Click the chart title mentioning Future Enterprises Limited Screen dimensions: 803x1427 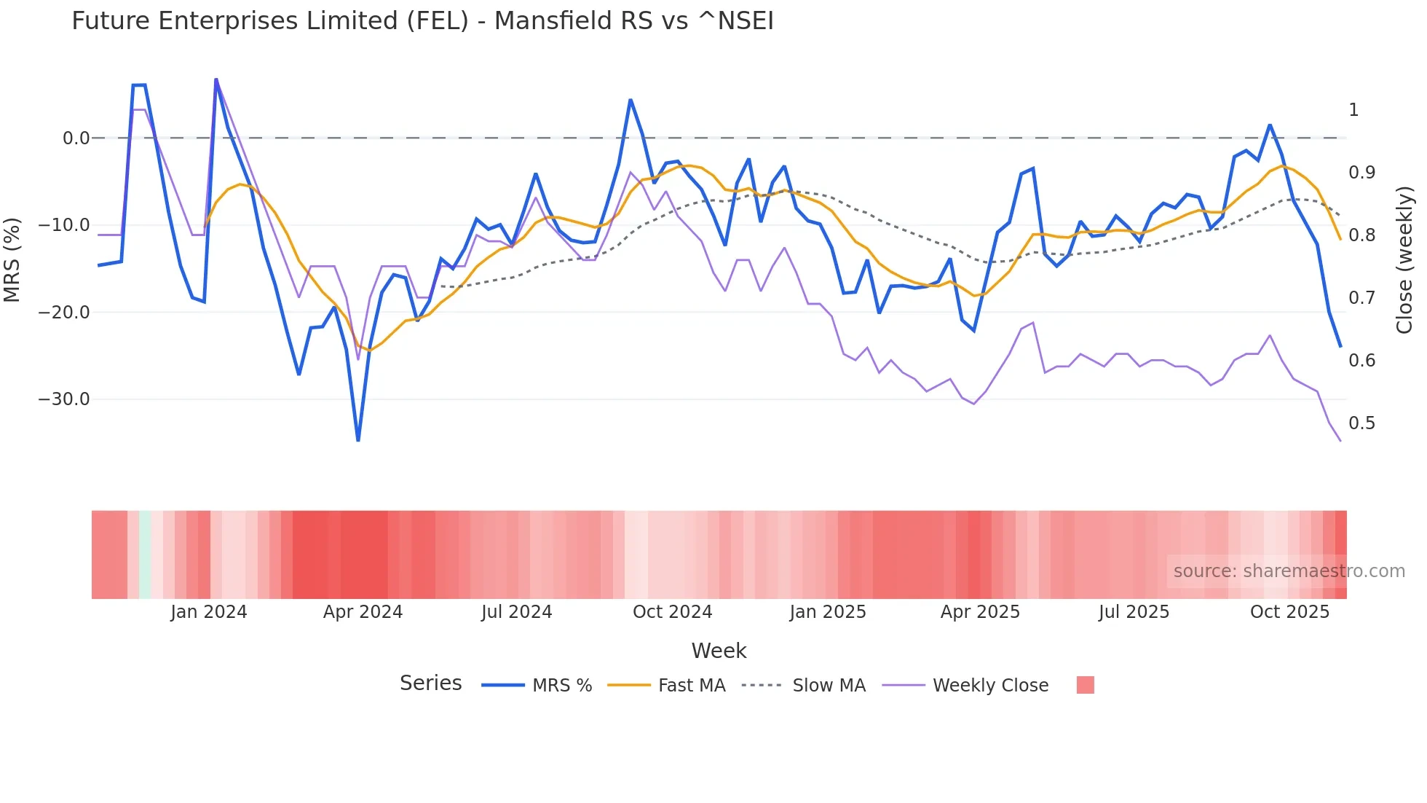tap(422, 21)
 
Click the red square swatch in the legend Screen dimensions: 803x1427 tap(1085, 685)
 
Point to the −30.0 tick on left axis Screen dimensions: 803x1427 tap(64, 399)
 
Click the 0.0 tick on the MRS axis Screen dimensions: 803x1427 tap(76, 138)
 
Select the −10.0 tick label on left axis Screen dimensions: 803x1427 tap(64, 225)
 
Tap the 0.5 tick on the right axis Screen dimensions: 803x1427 tap(1361, 423)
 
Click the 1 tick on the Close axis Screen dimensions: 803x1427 tap(1353, 110)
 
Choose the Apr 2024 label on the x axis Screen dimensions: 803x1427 tap(363, 612)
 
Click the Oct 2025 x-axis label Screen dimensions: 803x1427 tap(1289, 612)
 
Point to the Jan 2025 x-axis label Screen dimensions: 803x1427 tap(827, 612)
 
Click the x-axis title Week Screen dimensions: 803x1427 tap(719, 651)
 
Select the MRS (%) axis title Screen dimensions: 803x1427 tap(12, 259)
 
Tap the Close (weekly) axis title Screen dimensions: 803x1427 tap(1404, 259)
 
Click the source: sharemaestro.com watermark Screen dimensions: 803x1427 tap(1289, 571)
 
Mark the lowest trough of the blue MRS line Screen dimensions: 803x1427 tap(358, 440)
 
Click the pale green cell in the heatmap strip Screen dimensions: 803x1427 tap(145, 555)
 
